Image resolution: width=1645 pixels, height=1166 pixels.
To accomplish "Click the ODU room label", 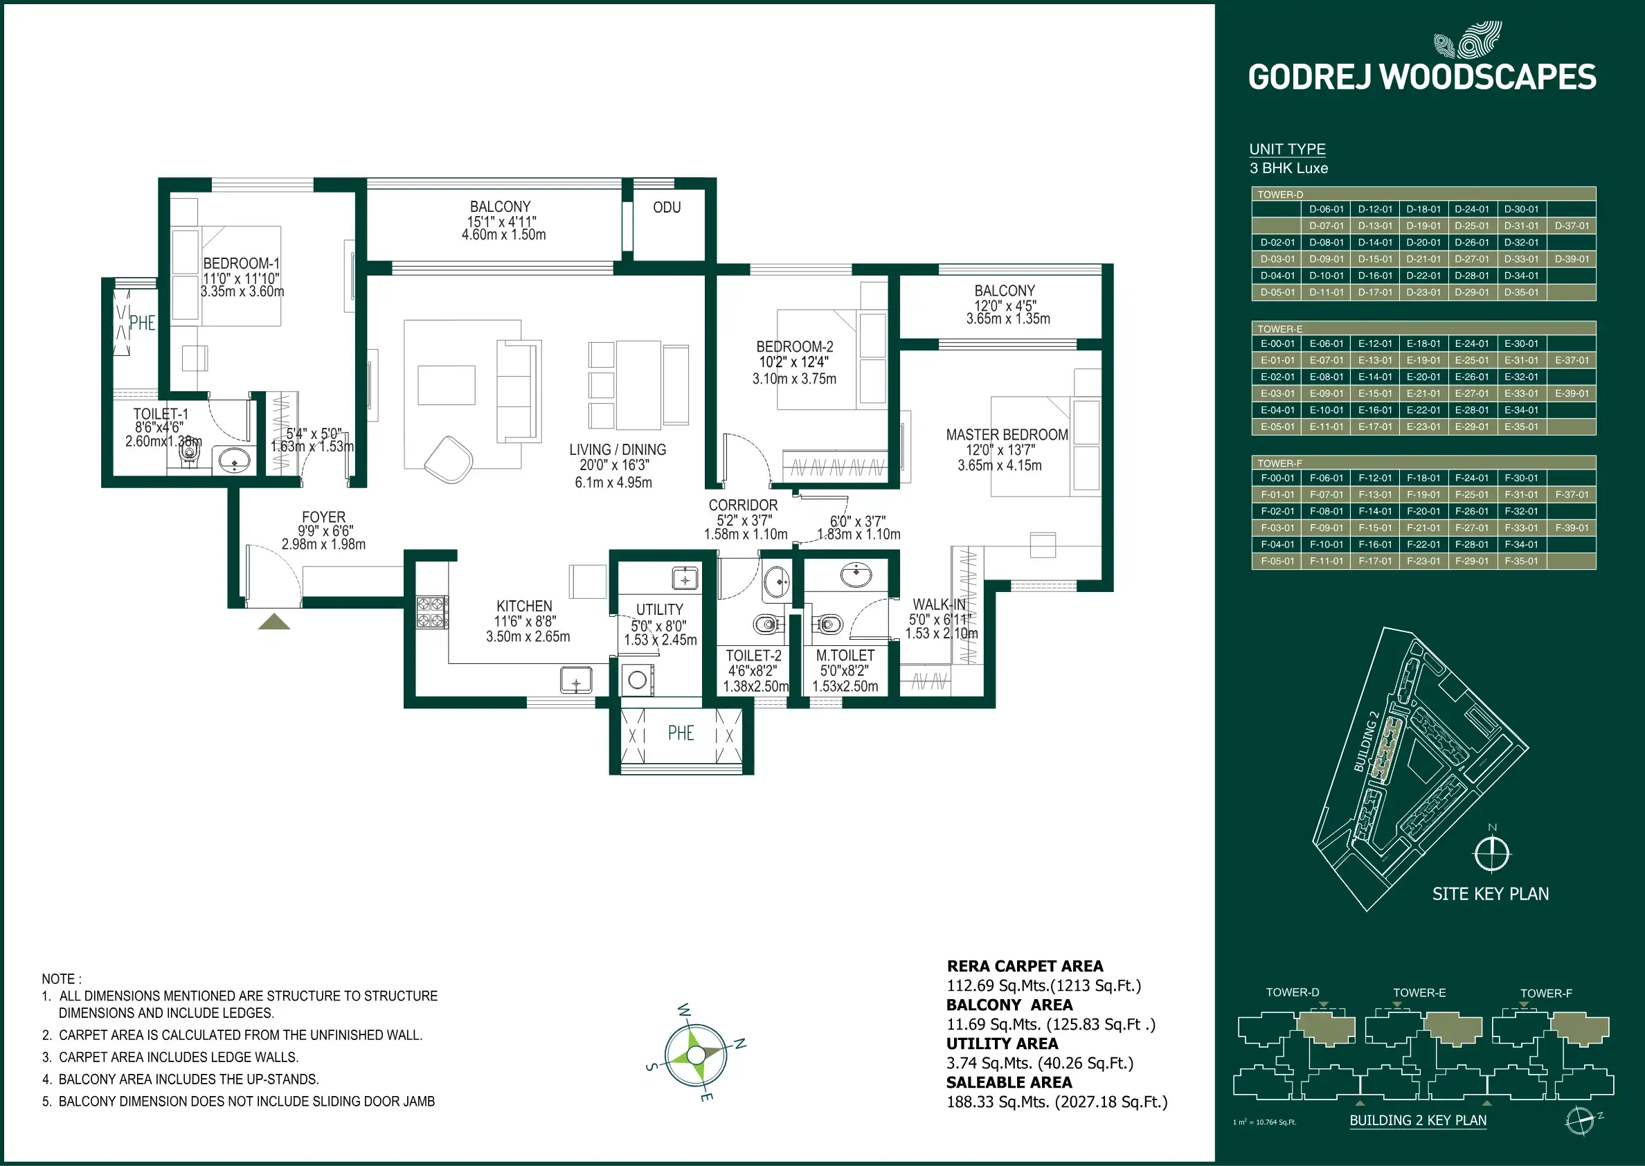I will point(667,208).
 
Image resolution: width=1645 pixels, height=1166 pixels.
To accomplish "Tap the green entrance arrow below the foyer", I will point(274,622).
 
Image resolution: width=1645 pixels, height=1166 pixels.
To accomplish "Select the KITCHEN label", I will point(524,606).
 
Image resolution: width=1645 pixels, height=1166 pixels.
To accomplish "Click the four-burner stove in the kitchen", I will point(432,613).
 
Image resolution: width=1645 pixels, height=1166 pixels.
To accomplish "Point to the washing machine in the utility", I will point(638,679).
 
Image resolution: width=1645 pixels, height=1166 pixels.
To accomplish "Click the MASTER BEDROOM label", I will point(1006,435).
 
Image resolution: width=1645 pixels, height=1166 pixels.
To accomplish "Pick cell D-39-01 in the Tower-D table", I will point(1571,259).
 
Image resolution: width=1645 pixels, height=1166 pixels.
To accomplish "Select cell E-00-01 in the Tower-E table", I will point(1277,344).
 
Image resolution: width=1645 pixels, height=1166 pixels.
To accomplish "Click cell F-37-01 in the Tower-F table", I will point(1571,494).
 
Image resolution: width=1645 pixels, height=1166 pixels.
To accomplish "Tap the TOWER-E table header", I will point(1279,329).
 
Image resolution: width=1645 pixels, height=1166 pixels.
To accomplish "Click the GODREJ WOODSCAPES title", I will point(1422,78).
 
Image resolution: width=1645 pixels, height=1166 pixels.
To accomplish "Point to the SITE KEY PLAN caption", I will point(1490,894).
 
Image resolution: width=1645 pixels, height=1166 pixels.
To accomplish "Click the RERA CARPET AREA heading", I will point(1024,967).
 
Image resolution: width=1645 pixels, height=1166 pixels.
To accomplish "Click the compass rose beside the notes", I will point(696,1055).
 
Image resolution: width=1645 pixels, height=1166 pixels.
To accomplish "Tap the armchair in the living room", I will point(449,460).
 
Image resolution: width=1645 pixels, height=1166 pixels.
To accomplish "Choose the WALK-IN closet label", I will point(939,604).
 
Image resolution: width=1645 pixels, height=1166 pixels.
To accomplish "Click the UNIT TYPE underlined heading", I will point(1287,150).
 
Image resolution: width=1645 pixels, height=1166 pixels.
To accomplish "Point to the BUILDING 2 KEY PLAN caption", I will point(1417,1120).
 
